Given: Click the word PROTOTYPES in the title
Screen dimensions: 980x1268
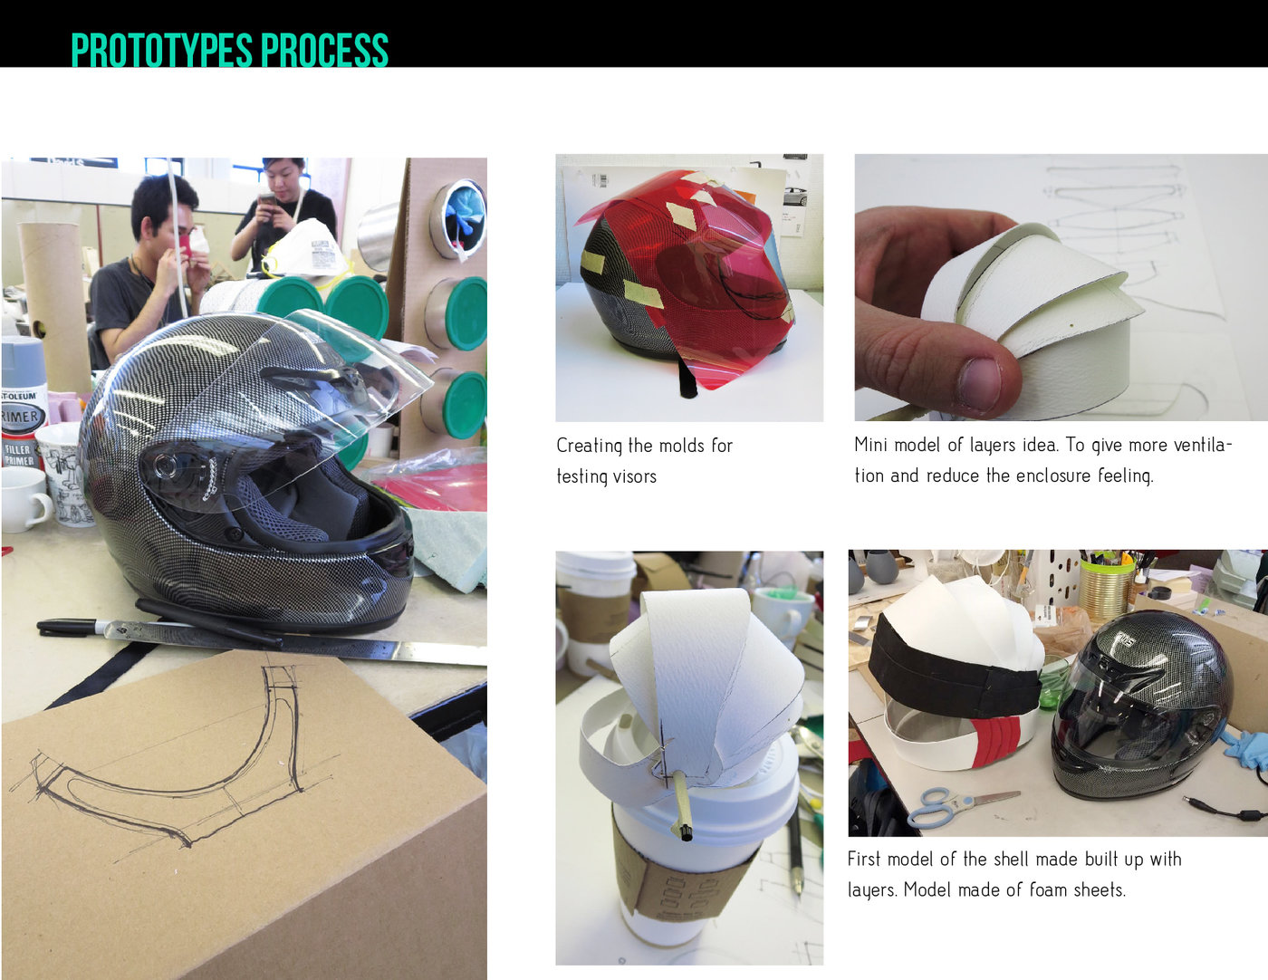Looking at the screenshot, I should (x=150, y=51).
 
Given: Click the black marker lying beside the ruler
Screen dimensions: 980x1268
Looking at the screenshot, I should (x=69, y=625).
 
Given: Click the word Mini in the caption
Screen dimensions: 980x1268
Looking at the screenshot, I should (x=869, y=445).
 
